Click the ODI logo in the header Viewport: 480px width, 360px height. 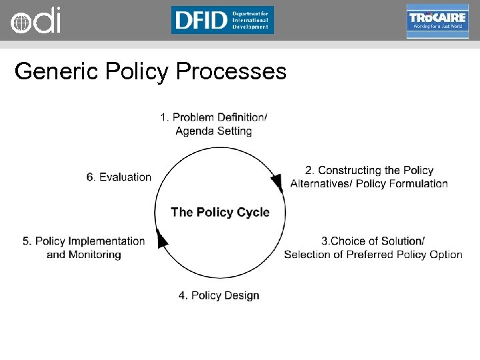(36, 20)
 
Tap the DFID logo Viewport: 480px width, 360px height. (222, 20)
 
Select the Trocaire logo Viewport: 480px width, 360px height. (437, 21)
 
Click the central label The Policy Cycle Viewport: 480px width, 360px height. (220, 213)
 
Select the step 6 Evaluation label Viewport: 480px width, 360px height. (119, 177)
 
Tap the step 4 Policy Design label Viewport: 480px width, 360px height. (219, 295)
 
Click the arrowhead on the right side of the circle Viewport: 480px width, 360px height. (277, 181)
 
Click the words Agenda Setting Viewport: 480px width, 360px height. (213, 131)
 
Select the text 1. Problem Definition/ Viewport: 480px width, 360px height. (213, 118)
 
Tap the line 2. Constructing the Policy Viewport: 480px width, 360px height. (369, 171)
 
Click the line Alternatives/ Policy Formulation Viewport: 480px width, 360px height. (369, 184)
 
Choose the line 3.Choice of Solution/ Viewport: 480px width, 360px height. (373, 241)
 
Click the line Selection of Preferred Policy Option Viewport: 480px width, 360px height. (373, 254)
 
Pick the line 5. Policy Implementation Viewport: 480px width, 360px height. (84, 241)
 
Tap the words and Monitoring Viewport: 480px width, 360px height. (84, 255)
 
